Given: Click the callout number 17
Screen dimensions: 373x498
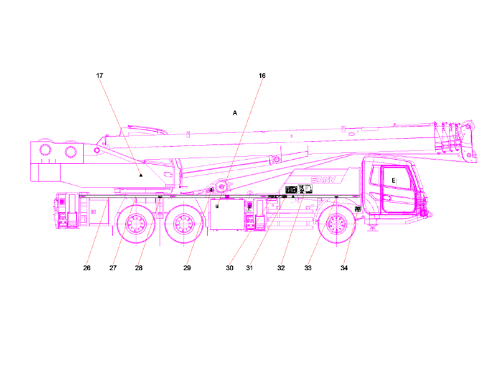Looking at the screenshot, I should coord(100,76).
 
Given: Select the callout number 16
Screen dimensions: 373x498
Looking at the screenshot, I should coord(262,76).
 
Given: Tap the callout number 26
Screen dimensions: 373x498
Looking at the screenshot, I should coord(87,269).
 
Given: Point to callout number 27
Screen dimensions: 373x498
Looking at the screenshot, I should coord(113,269).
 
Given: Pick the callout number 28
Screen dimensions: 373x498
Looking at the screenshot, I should coord(139,269).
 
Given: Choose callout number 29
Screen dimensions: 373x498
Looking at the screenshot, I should coord(187,269).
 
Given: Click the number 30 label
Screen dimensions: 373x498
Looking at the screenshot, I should coord(230,269).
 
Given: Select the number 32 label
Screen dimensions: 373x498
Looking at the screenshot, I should coord(281,269).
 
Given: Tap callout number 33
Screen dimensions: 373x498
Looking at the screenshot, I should coord(308,269).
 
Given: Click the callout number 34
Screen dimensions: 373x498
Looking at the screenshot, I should coord(344,269).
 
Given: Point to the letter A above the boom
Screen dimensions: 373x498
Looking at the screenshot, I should coord(235,113).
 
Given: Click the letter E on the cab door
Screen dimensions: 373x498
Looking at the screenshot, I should coord(393,180).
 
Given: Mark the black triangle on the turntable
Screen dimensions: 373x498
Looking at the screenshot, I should coord(141,176).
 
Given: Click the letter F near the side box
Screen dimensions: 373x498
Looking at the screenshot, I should coord(250,208).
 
